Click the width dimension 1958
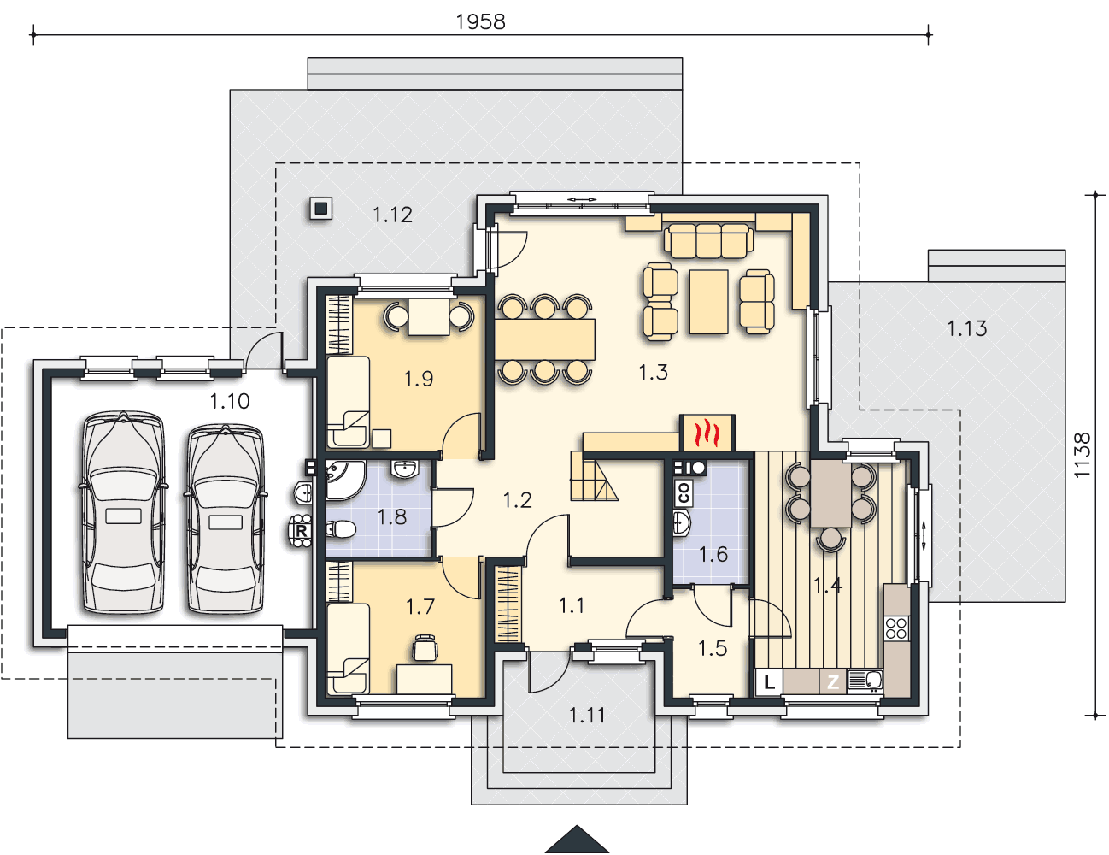(480, 21)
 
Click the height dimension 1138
(1082, 455)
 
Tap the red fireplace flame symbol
(707, 433)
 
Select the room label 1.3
(654, 372)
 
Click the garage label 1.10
(230, 402)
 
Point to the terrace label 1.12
(392, 215)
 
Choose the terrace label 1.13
(966, 328)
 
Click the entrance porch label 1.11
(587, 715)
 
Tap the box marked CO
(684, 492)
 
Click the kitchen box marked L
(769, 681)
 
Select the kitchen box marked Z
(833, 681)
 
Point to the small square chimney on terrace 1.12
(321, 209)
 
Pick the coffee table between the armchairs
(708, 302)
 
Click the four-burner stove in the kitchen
(896, 628)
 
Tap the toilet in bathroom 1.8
(340, 529)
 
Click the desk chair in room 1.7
(425, 647)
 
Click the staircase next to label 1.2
(595, 475)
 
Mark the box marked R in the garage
(302, 531)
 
